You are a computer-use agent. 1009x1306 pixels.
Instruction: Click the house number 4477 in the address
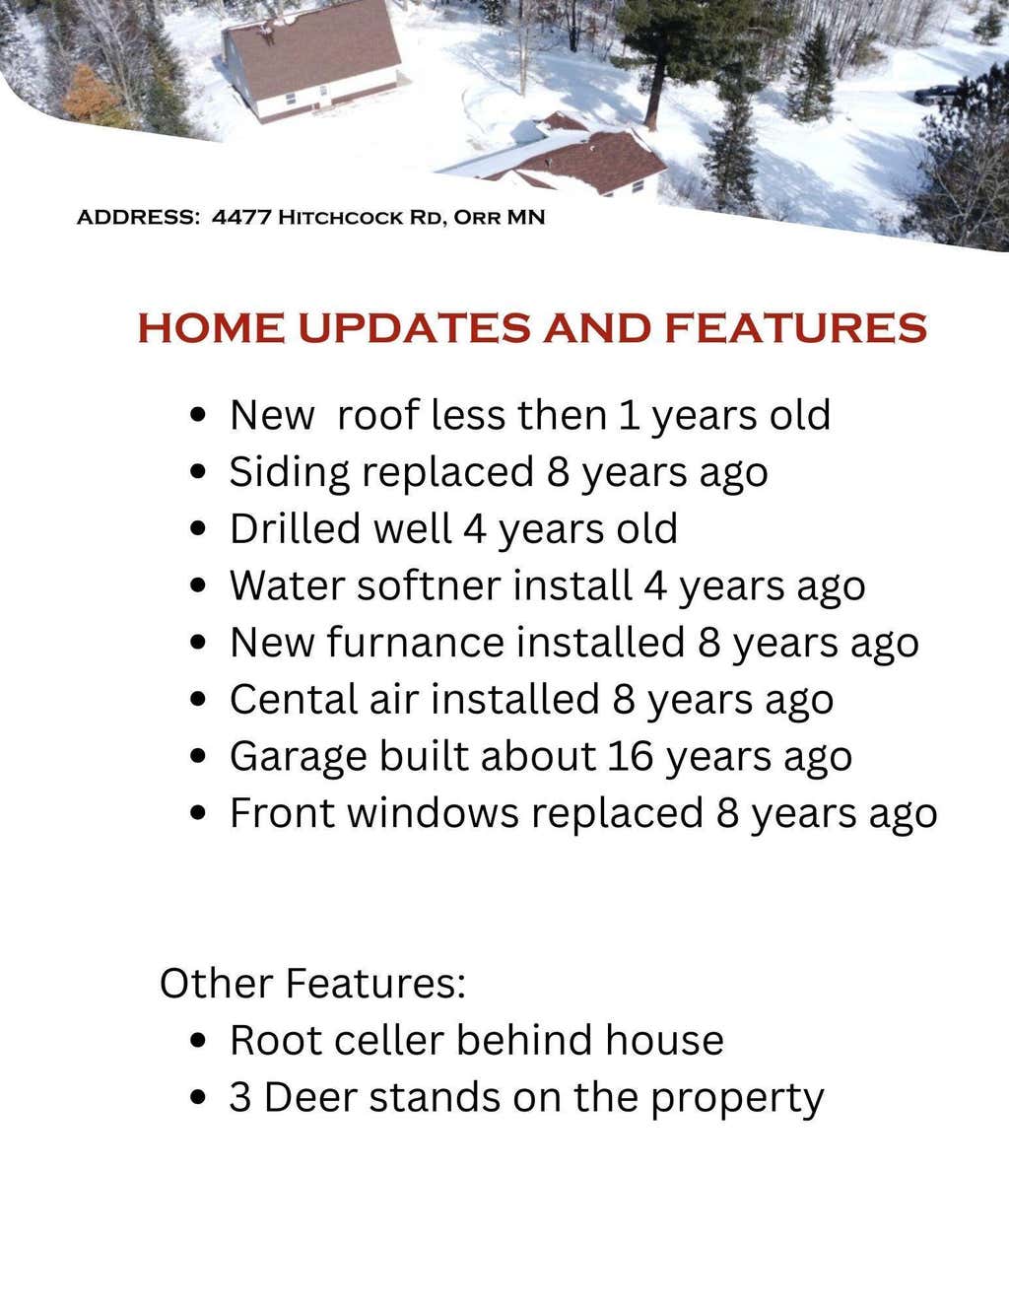tap(240, 217)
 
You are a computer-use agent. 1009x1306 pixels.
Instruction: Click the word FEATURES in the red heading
tap(796, 328)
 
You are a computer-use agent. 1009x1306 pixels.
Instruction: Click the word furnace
tap(416, 643)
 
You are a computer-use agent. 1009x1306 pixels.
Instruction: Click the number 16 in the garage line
tap(631, 756)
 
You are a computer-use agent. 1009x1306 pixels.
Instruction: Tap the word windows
tap(433, 813)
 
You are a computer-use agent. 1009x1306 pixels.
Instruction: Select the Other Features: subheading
tap(313, 984)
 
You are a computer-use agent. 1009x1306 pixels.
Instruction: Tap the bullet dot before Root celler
tap(198, 1040)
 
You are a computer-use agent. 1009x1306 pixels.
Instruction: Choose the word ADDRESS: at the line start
tap(138, 217)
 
